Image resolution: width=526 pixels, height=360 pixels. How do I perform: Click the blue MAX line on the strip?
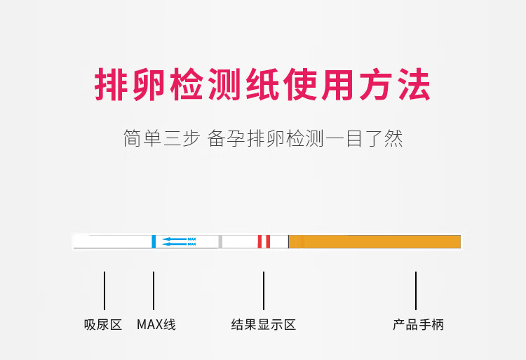coord(154,241)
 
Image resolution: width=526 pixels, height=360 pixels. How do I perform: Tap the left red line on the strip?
coord(259,241)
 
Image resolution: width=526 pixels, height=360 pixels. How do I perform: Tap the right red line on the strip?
coord(268,241)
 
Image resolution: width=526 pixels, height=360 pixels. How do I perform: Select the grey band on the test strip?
coord(220,241)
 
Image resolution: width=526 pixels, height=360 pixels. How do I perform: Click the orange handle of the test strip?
coord(375,241)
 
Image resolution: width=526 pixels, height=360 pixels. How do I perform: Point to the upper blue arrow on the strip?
coord(175,239)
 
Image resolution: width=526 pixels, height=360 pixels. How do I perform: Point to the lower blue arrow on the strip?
coord(175,244)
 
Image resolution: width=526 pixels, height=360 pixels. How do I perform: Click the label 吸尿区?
coord(103,325)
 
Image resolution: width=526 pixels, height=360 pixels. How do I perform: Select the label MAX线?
coord(156,325)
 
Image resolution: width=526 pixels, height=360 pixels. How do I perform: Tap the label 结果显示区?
coord(264,325)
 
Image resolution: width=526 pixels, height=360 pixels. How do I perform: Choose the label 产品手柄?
coord(418,325)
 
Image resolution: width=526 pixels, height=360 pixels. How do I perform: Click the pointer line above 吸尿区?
coord(104,291)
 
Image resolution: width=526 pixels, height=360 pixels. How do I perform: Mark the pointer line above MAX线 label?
coord(154,291)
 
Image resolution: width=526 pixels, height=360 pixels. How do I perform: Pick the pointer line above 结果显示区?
coord(264,291)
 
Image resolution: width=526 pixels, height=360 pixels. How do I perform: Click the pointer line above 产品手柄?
coord(416,291)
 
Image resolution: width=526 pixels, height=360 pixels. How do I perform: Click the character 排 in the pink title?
coord(113,86)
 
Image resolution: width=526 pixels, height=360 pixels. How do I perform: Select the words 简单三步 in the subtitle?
coord(162,138)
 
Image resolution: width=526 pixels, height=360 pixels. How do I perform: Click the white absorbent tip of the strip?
coord(112,241)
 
